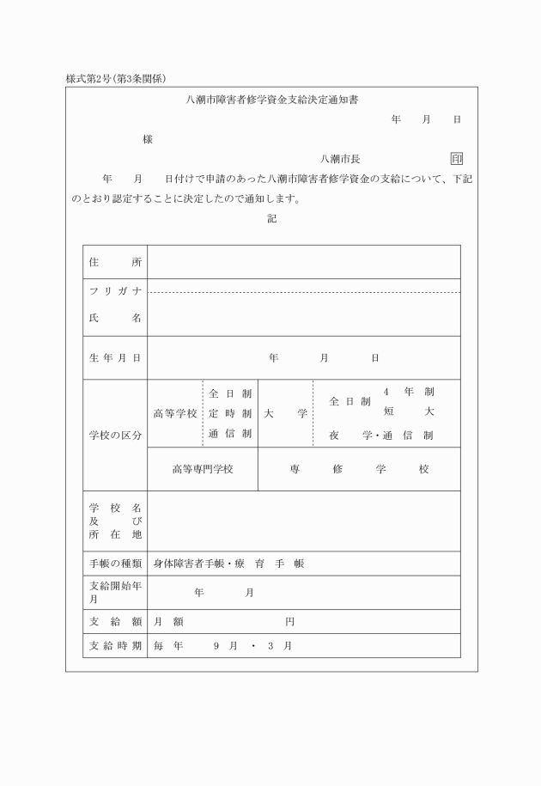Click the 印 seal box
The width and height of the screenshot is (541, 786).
point(456,159)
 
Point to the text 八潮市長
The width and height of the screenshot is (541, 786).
point(339,159)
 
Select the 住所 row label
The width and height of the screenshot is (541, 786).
point(115,262)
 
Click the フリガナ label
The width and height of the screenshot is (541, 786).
point(115,291)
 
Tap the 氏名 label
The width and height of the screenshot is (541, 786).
point(115,318)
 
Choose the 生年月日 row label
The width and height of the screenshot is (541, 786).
point(115,357)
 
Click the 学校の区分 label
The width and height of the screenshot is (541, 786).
point(115,436)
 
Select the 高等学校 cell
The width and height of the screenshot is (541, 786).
point(175,413)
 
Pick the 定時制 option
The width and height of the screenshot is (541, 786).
point(230,413)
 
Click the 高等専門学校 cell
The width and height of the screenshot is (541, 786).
point(203,469)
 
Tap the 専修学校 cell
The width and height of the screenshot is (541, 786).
point(359,469)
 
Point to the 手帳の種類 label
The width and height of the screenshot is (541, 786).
point(115,564)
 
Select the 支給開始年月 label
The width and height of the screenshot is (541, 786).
point(115,592)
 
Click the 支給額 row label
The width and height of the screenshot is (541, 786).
point(115,621)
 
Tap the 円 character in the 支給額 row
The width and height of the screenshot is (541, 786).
point(290,621)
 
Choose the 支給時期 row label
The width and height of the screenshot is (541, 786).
point(115,645)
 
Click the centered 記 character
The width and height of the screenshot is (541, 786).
point(271,219)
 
